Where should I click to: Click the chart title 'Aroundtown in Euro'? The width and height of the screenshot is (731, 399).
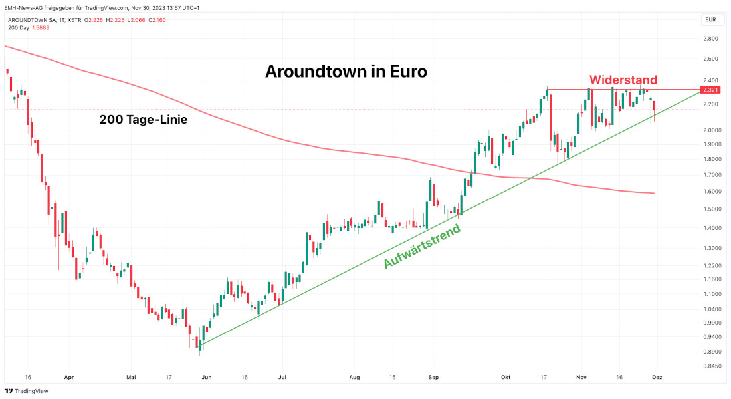tap(346, 72)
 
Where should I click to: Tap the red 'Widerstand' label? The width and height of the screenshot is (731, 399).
tap(623, 80)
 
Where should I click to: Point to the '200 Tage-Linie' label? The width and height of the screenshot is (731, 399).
tap(144, 120)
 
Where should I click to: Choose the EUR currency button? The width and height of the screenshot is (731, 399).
tap(710, 20)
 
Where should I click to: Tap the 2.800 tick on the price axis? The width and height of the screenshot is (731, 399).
tap(710, 39)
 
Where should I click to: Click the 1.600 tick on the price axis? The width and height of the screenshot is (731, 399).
tap(710, 192)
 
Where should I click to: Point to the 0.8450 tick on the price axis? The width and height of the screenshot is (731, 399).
tap(710, 366)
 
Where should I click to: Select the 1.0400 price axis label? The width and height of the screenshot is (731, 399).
tap(710, 309)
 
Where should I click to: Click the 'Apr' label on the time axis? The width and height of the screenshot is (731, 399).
tap(69, 377)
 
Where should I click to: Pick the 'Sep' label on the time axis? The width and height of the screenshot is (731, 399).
tap(434, 377)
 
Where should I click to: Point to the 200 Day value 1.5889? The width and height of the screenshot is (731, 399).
tap(41, 27)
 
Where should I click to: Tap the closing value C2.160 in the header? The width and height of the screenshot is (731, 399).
tap(158, 20)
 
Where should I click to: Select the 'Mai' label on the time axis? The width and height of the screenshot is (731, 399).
tap(131, 377)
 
